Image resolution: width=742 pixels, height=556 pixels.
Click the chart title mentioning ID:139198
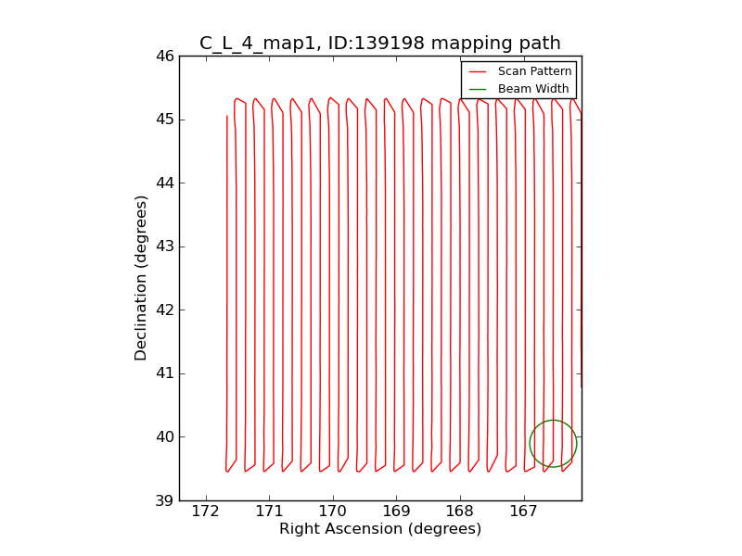379,43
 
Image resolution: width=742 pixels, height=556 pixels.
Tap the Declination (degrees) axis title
141,277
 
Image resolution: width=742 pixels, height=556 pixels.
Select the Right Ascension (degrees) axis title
380,529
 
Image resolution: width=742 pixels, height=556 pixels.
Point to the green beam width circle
553,444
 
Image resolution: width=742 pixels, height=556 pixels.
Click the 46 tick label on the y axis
165,57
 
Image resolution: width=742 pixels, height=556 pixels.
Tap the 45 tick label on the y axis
165,120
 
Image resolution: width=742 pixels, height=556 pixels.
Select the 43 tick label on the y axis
165,246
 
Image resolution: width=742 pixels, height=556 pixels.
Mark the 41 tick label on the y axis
165,373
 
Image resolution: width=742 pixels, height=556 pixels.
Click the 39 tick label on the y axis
165,500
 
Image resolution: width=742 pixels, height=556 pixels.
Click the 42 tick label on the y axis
165,310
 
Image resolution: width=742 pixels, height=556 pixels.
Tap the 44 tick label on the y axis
165,183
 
